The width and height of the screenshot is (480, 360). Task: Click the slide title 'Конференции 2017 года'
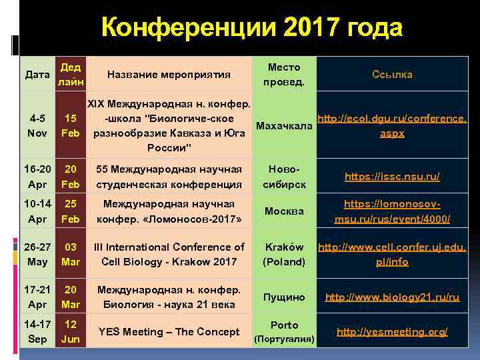pyautogui.click(x=252, y=28)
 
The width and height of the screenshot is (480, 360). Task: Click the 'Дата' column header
pyautogui.click(x=37, y=75)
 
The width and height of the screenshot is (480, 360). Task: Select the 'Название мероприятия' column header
pyautogui.click(x=168, y=75)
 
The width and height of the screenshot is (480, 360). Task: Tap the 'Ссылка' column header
pyautogui.click(x=392, y=75)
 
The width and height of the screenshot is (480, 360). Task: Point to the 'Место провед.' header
pyautogui.click(x=283, y=75)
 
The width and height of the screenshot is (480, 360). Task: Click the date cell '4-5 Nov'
pyautogui.click(x=37, y=125)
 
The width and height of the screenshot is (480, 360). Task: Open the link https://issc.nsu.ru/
pyautogui.click(x=392, y=177)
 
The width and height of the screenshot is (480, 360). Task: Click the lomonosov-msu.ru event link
pyautogui.click(x=392, y=211)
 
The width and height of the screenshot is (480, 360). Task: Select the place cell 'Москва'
pyautogui.click(x=283, y=211)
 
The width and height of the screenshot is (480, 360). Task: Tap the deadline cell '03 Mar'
pyautogui.click(x=71, y=254)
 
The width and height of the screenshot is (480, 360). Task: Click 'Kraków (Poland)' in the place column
pyautogui.click(x=283, y=254)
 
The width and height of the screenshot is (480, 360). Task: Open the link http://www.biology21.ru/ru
pyautogui.click(x=392, y=297)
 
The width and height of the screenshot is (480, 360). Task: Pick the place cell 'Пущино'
pyautogui.click(x=283, y=297)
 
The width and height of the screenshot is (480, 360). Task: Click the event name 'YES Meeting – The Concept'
pyautogui.click(x=169, y=332)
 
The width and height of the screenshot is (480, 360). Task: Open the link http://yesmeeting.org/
pyautogui.click(x=392, y=332)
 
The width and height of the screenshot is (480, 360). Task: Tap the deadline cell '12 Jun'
pyautogui.click(x=71, y=332)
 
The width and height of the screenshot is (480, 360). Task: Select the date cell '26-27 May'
pyautogui.click(x=37, y=254)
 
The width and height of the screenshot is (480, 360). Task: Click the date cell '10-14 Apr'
pyautogui.click(x=37, y=211)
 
